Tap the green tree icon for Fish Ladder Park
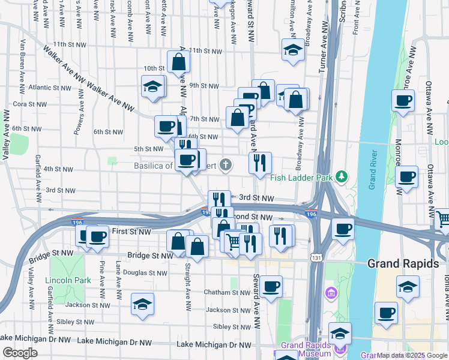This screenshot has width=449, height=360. [342, 176]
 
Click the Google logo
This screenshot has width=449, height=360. [20, 353]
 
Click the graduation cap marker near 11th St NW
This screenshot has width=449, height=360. [293, 49]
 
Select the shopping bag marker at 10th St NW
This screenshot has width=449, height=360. [178, 62]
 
